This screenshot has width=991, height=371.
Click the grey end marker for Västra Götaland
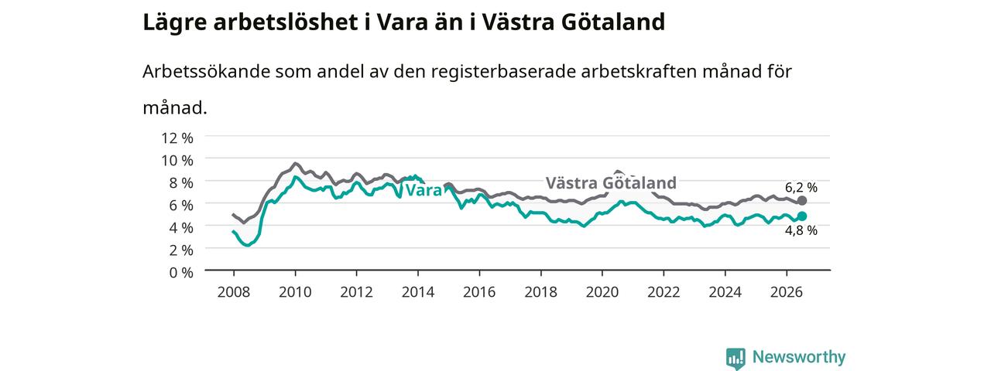coord(801,200)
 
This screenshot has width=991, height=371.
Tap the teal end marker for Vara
coord(801,216)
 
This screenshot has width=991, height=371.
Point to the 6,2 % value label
coord(801,187)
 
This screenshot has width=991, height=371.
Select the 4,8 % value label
coord(801,230)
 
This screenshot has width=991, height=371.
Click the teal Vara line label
coord(423,190)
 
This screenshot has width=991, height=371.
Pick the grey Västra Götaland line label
coord(611,183)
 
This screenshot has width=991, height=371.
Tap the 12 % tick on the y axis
coord(177,138)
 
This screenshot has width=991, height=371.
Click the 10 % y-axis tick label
coord(177,161)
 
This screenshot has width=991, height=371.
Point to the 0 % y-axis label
coord(181,273)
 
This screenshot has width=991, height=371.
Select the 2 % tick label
coord(181,250)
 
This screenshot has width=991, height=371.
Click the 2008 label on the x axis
coord(234,292)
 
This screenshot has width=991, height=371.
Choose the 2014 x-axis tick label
coord(418,292)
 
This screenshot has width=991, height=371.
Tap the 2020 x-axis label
coord(602,292)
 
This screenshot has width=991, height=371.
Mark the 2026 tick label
coord(787,292)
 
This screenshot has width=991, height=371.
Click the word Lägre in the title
coord(175,22)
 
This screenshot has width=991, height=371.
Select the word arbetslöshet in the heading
coord(286,22)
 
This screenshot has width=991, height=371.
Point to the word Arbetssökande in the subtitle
coord(206,72)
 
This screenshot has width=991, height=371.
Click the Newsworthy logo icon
coord(736,358)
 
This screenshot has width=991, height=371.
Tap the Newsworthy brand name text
coord(799,357)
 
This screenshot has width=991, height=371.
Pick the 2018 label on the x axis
coord(540,292)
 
